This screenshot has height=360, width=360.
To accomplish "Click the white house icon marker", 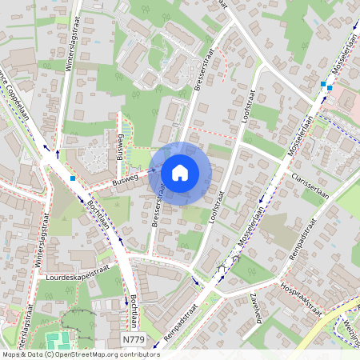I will (180, 173).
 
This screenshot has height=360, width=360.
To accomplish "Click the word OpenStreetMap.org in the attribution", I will (87, 354).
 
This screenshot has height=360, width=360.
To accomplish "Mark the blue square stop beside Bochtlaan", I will (73, 178).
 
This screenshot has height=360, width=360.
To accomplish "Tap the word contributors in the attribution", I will (138, 354).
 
